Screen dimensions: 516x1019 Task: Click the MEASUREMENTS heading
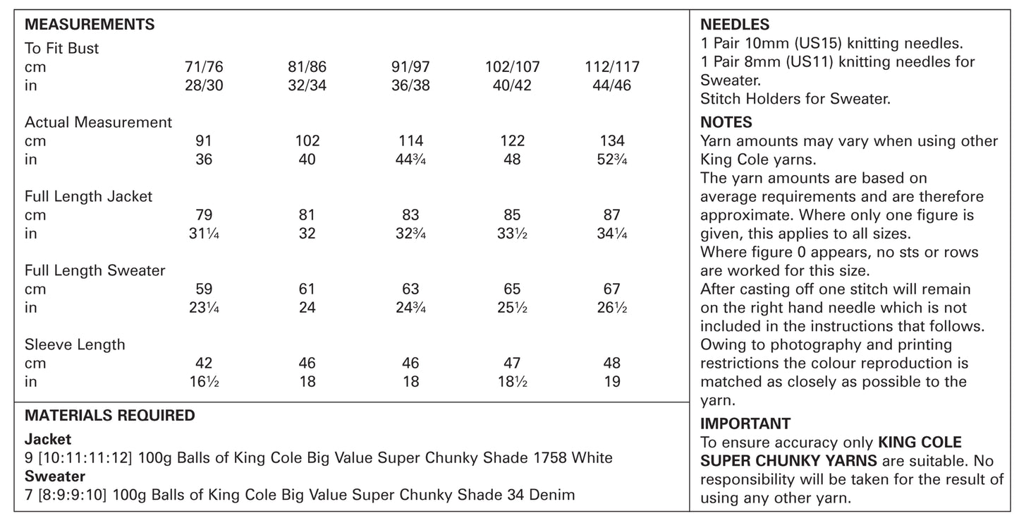[90, 25]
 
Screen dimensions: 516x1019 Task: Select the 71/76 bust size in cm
[204, 68]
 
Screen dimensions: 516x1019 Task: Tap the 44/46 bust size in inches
[612, 85]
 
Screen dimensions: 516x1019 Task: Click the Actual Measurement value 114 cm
[410, 141]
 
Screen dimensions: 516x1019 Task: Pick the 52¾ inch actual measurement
[612, 160]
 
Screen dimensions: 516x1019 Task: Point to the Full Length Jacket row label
[88, 196]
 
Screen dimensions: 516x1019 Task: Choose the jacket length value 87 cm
[612, 215]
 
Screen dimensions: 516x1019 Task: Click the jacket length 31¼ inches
[204, 234]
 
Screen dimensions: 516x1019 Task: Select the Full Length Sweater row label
[94, 270]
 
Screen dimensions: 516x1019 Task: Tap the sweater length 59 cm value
[204, 289]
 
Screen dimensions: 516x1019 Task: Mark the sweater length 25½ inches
[512, 308]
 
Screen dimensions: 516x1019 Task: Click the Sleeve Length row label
[75, 344]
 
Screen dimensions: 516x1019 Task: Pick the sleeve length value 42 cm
[204, 364]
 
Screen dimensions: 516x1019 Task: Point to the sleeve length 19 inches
[612, 382]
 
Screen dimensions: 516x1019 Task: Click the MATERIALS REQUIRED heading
[109, 416]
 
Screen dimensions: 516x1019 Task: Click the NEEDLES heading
[734, 25]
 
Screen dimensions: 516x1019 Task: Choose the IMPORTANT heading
[745, 424]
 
